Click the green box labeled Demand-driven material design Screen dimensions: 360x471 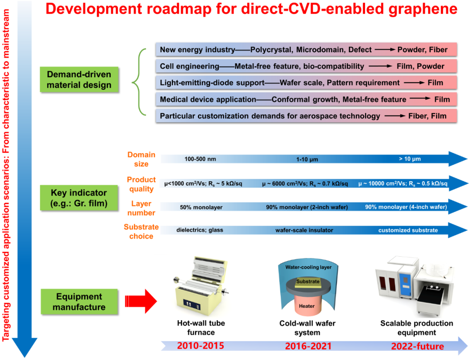coord(79,79)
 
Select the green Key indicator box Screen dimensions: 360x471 coord(79,197)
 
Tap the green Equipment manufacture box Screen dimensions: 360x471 coord(79,302)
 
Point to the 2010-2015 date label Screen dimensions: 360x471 coord(200,346)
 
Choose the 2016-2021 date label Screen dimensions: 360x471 coord(308,346)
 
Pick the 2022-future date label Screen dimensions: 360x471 coord(417,346)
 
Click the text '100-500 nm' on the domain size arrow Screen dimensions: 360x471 coord(200,159)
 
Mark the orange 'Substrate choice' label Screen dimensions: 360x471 coord(141,232)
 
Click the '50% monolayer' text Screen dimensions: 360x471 coord(201,207)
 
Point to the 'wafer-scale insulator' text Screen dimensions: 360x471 coord(304,230)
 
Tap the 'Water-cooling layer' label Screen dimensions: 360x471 coord(308,267)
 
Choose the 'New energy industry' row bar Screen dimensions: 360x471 coord(306,50)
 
